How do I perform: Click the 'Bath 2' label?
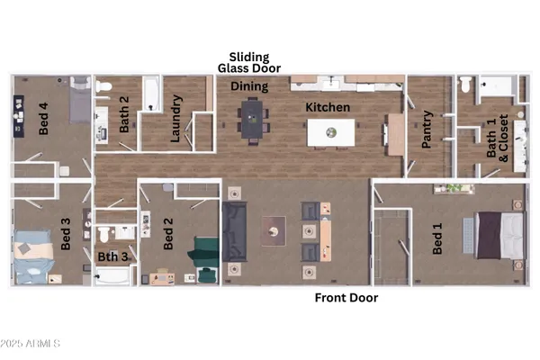pyautogui.click(x=124, y=114)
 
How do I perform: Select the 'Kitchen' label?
pyautogui.click(x=327, y=107)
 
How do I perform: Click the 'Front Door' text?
pyautogui.click(x=346, y=298)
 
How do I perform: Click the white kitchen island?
pyautogui.click(x=331, y=132)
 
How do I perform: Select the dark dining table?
pyautogui.click(x=251, y=119)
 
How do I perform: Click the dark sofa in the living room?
pyautogui.click(x=235, y=231)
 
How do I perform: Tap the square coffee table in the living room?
pyautogui.click(x=274, y=231)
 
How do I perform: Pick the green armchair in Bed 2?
pyautogui.click(x=206, y=251)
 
